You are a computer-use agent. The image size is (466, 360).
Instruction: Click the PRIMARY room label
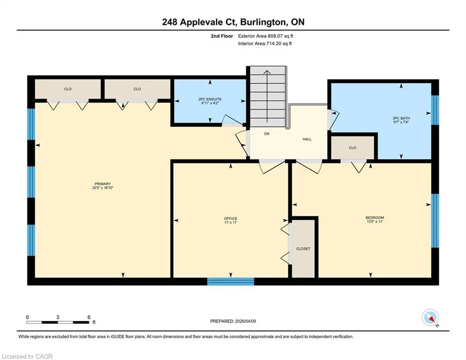click(103, 184)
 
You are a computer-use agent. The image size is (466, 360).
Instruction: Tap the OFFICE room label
click(230, 219)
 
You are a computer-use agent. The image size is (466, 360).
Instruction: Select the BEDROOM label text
click(375, 218)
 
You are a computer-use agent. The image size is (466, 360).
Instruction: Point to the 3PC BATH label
click(401, 118)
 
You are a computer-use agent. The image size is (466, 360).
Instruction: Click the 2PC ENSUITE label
click(210, 99)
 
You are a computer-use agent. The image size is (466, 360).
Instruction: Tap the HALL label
click(307, 139)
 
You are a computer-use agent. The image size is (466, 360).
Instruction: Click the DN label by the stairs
click(267, 134)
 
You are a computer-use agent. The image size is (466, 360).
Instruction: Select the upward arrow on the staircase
click(267, 96)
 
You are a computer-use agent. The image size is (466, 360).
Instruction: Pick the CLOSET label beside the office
click(303, 249)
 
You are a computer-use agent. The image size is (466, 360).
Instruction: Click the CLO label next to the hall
click(353, 148)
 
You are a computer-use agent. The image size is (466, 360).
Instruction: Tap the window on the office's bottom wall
click(230, 281)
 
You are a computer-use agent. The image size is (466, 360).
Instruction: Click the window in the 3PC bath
click(435, 110)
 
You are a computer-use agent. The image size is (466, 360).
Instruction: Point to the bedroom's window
click(435, 221)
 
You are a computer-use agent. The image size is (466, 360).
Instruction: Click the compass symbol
click(430, 318)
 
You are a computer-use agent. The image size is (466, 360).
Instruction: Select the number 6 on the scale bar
click(89, 317)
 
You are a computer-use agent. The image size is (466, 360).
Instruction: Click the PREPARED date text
click(233, 321)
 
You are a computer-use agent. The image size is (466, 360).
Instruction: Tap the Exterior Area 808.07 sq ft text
click(266, 36)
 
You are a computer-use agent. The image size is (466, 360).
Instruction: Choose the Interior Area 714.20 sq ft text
click(265, 44)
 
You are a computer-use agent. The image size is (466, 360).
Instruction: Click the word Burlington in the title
click(264, 22)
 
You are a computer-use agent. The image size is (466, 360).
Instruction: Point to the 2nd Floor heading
click(222, 36)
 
